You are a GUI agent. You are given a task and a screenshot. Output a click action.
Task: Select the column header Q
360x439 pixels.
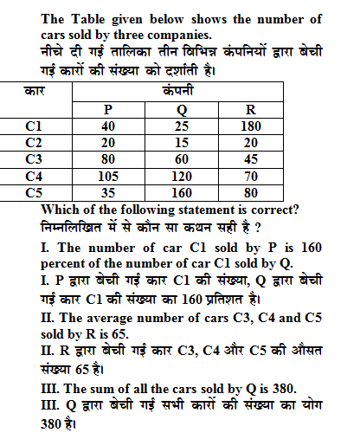point(179,110)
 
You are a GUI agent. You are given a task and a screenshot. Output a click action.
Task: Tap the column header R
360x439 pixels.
point(250,110)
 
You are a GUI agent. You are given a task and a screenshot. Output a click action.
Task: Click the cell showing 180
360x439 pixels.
point(250,126)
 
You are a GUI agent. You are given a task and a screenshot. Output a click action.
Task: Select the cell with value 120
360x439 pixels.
point(179,176)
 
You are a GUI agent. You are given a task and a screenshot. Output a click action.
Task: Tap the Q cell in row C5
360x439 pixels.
point(179,192)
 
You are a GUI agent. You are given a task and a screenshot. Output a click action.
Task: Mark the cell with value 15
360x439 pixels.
point(179,143)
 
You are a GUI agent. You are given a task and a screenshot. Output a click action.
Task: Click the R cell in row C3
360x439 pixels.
point(250,159)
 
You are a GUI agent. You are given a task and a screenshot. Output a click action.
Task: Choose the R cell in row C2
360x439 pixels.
point(250,143)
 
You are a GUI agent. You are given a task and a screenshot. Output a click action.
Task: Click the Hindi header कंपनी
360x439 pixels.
point(179,91)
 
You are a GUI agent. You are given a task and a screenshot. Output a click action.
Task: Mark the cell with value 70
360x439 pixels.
point(250,176)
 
